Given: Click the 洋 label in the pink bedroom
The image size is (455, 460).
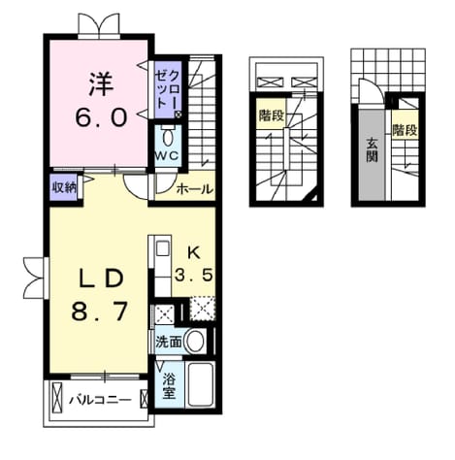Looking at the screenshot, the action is click(x=101, y=84).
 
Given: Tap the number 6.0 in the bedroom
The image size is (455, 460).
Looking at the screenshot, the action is click(x=101, y=117).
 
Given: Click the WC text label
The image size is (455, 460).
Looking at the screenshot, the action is click(x=166, y=156).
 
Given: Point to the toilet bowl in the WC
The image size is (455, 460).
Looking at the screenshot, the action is click(x=167, y=138).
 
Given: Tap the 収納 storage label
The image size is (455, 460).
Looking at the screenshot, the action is click(x=64, y=187).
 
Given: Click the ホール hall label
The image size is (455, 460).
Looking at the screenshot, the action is click(x=195, y=189).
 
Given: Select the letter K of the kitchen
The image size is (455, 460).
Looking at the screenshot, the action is click(x=194, y=253).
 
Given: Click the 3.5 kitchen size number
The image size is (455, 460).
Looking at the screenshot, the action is click(x=194, y=276).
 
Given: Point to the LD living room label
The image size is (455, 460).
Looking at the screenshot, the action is click(x=102, y=279).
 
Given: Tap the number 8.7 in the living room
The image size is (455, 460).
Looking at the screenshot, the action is click(x=99, y=312).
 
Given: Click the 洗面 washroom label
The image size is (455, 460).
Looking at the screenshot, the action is click(x=169, y=342).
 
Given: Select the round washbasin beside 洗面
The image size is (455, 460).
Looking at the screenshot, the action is click(x=195, y=342).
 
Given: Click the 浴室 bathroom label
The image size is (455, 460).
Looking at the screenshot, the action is click(x=169, y=385).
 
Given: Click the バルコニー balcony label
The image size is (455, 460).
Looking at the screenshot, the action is click(x=101, y=400).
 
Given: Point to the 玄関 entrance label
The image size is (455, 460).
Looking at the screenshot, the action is click(x=373, y=150).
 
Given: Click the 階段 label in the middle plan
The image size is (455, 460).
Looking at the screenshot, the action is click(x=272, y=115).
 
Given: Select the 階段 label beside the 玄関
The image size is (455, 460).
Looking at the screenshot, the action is click(x=405, y=131).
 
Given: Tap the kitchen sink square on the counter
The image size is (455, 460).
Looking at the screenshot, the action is click(x=163, y=248).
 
